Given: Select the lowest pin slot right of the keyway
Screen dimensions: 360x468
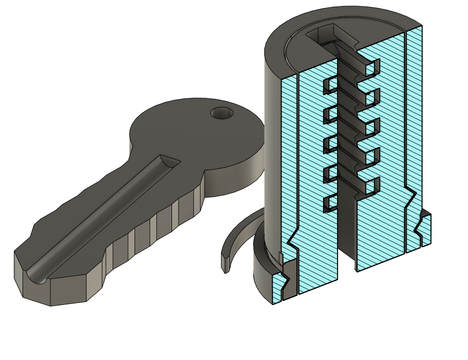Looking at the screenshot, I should coord(370,186).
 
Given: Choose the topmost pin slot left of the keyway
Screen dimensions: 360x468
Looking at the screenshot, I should coord(330,85).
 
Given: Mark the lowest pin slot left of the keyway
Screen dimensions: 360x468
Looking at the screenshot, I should coord(330,202).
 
